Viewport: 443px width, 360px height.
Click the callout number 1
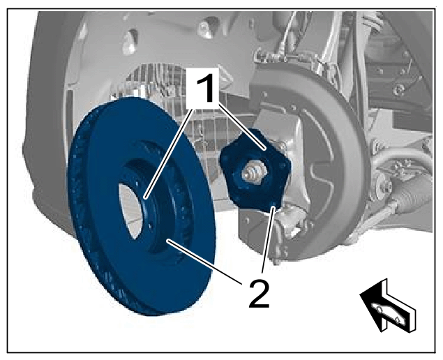205,88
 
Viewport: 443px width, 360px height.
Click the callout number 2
259,293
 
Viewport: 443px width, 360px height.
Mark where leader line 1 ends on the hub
264,149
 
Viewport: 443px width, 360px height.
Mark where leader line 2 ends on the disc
168,241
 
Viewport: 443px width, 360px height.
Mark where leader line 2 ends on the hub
273,209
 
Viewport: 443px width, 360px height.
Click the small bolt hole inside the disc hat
150,226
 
